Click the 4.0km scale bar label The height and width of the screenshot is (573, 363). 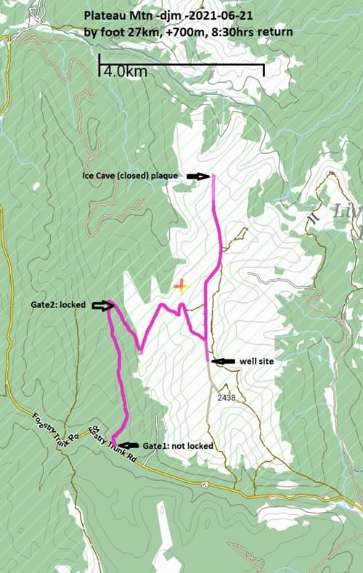[125, 72]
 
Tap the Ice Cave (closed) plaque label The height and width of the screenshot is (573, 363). [130, 176]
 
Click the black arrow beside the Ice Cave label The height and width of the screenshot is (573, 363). [197, 176]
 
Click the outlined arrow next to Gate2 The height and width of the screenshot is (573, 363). [102, 306]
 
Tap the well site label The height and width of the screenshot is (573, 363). [255, 360]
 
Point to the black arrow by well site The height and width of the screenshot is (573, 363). [223, 360]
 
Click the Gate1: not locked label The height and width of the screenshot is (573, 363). [177, 445]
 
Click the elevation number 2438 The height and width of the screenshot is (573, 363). [227, 399]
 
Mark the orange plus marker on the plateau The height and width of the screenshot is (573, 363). [181, 285]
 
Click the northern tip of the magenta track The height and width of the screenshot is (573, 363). [213, 176]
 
